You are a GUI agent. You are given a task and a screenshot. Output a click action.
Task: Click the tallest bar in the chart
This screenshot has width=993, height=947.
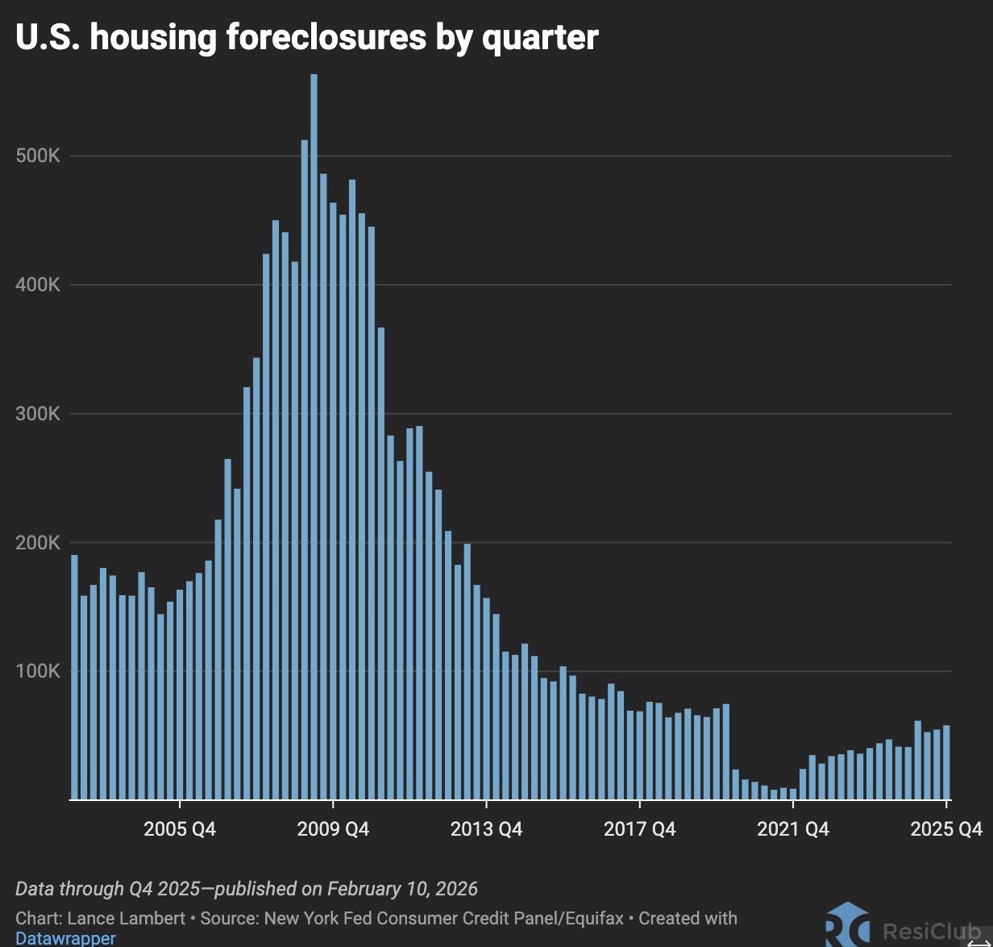314,436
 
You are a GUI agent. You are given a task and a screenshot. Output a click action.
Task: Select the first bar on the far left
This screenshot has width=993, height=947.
74,678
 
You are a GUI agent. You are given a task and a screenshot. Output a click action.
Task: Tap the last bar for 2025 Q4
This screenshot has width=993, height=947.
946,762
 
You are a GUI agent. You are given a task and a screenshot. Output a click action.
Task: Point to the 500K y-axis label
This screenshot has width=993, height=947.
38,156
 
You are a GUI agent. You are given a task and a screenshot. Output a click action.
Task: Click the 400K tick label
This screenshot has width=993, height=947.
38,285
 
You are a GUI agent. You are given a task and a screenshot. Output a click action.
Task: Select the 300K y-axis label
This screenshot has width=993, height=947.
38,414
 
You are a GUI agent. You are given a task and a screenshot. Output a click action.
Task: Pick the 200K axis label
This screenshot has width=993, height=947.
38,543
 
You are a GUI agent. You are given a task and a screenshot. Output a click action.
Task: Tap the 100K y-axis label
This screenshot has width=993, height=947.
38,672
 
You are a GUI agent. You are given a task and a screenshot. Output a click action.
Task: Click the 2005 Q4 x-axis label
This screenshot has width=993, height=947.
180,829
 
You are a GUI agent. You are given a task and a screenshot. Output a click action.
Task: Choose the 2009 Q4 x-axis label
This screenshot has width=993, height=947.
333,829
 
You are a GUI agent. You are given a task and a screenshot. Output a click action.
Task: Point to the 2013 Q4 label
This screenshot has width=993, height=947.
486,829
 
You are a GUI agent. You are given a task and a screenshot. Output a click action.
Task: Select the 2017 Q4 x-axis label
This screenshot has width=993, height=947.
639,829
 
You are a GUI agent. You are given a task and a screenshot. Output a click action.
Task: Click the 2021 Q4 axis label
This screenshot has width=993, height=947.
792,829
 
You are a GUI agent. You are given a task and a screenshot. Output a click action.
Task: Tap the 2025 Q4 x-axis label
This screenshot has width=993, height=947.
946,829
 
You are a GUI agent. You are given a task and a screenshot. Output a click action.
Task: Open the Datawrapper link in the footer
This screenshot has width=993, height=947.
66,938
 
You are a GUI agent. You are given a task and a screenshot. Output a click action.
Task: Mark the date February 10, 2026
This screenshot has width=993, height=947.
402,889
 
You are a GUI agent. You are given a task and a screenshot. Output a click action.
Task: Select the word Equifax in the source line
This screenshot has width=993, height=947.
592,918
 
